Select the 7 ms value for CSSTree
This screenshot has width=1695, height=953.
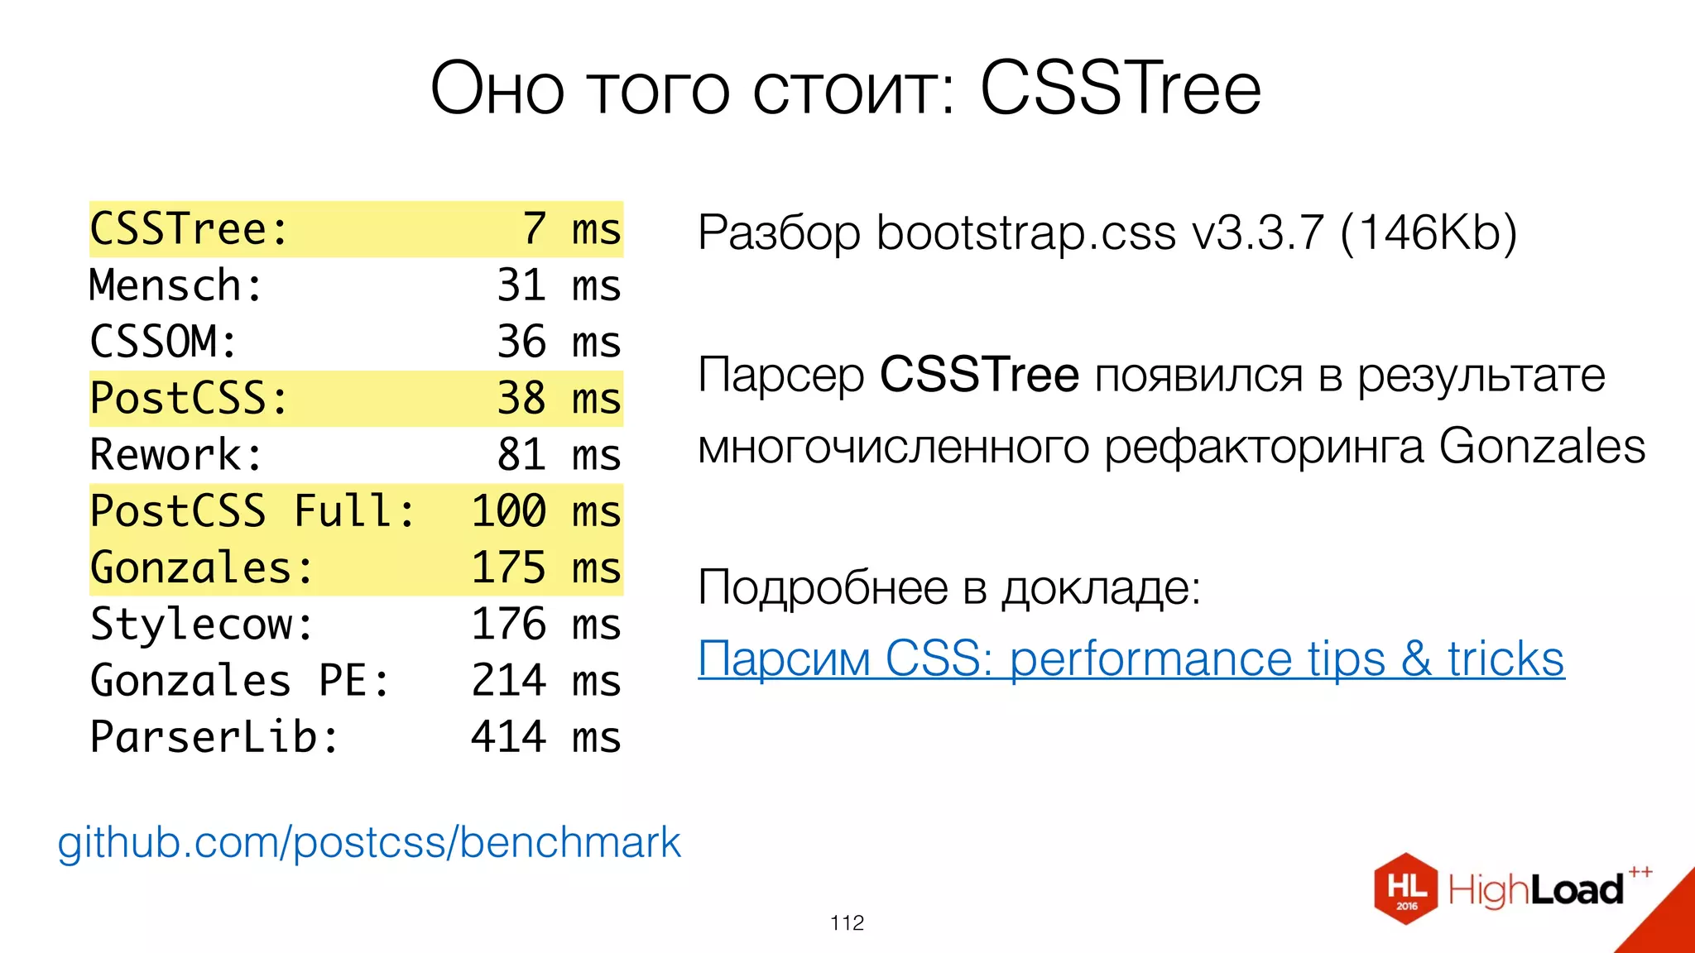click(571, 229)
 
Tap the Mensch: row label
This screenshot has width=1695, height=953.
click(175, 285)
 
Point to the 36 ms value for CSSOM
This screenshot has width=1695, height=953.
click(559, 342)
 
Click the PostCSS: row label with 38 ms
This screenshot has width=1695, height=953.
click(189, 398)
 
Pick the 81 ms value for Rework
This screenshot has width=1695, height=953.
click(559, 454)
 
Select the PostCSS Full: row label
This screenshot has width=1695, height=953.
click(252, 510)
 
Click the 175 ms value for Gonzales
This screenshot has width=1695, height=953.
click(546, 567)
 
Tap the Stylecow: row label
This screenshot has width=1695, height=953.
click(202, 624)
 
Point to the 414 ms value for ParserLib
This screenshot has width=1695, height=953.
click(546, 736)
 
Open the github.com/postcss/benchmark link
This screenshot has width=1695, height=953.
click(369, 842)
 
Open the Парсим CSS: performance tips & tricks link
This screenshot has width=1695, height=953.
click(1131, 659)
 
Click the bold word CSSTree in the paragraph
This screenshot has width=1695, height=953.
click(979, 375)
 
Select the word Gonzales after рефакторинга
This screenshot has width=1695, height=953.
click(1542, 447)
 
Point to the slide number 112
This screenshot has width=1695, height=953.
click(847, 922)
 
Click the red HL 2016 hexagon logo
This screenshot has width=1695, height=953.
click(1406, 889)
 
